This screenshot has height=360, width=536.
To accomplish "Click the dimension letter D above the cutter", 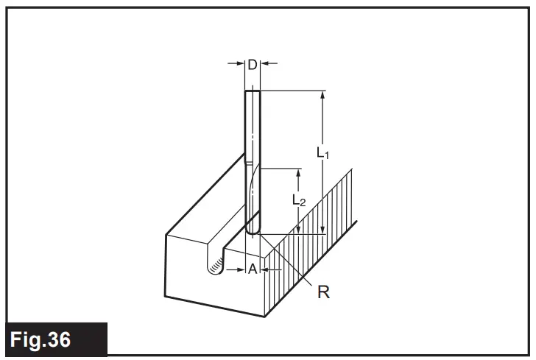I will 252,65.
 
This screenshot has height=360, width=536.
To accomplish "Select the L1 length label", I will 322,153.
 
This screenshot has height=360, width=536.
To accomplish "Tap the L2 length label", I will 297,200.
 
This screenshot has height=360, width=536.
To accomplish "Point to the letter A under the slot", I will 252,270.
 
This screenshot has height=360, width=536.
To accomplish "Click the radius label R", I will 322,292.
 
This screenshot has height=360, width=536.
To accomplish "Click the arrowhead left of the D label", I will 240,65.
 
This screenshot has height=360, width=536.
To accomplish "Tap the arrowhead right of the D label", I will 265,65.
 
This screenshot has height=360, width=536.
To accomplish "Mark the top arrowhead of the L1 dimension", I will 323,95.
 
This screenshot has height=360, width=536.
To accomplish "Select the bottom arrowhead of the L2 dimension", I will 297,230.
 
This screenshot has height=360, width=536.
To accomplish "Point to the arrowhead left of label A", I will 240,270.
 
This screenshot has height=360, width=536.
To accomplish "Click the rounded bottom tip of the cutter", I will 253,232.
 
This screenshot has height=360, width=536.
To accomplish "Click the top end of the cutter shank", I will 252,91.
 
